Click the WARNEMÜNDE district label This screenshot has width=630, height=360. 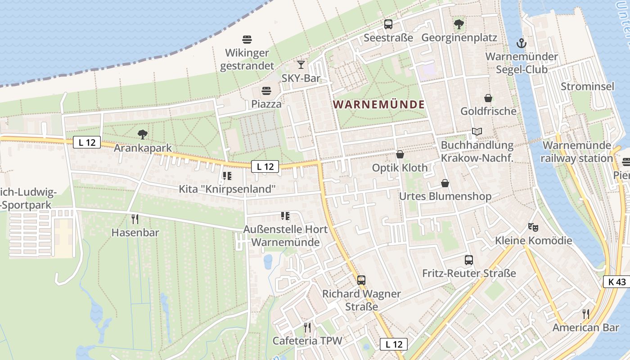click(x=379, y=104)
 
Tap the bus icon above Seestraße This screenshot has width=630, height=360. click(x=388, y=24)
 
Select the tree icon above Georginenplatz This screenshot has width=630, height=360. click(x=459, y=24)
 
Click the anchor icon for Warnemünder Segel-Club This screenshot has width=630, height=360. click(x=521, y=43)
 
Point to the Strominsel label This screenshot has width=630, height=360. click(x=587, y=86)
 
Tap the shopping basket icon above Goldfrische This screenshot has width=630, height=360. click(x=488, y=98)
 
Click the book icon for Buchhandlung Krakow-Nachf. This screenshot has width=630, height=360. click(x=477, y=132)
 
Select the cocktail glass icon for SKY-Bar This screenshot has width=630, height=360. click(x=301, y=65)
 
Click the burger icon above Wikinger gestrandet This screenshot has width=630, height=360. click(x=247, y=39)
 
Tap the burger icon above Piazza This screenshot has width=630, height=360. click(x=266, y=90)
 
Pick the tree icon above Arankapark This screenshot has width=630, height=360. click(x=143, y=134)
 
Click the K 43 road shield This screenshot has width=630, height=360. click(x=616, y=282)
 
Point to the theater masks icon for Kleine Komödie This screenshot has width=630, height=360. click(x=533, y=227)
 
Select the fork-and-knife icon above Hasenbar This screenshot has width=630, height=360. click(x=135, y=219)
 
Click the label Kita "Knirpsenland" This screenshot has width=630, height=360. click(x=227, y=189)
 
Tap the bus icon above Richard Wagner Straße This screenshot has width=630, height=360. click(x=361, y=280)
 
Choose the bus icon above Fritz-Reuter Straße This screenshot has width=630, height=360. click(x=468, y=260)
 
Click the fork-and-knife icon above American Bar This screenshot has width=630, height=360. click(x=585, y=314)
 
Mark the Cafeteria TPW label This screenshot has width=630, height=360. click(x=307, y=341)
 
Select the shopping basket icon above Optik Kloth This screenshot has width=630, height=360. click(x=400, y=154)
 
